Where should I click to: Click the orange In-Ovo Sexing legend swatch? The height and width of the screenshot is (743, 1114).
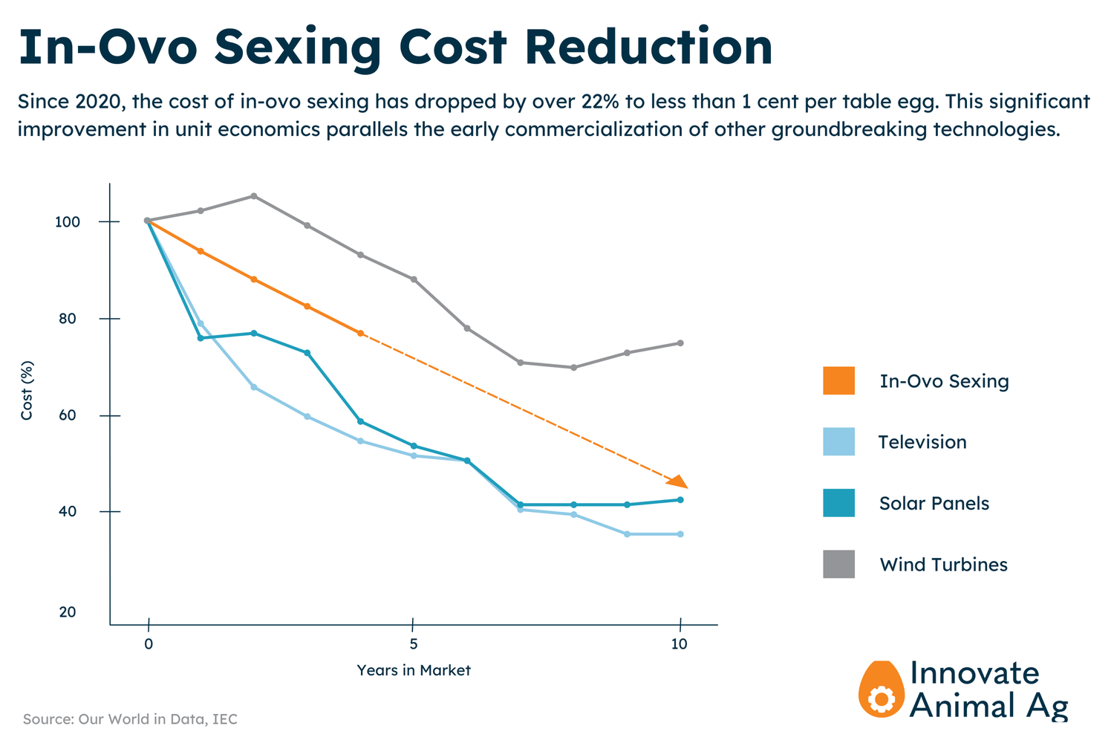[x=838, y=380]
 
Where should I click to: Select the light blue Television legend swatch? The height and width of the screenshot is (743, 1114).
[x=838, y=441]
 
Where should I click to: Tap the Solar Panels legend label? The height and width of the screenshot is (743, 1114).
[x=934, y=503]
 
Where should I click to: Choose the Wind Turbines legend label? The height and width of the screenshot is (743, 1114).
[x=943, y=565]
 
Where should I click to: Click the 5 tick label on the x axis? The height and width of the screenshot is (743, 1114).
[x=413, y=644]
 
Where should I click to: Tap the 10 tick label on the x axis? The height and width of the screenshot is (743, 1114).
[x=680, y=644]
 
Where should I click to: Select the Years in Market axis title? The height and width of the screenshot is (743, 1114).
[x=413, y=670]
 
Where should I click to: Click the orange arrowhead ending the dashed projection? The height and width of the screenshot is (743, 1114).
[x=678, y=481]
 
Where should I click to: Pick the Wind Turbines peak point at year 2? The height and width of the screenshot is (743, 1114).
[x=254, y=196]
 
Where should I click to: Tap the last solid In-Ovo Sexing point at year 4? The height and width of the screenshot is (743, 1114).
[x=360, y=334]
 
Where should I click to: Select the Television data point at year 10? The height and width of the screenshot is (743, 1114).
[x=680, y=534]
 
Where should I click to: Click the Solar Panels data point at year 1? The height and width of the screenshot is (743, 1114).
[x=201, y=338]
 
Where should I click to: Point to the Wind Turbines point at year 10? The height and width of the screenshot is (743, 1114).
[x=680, y=343]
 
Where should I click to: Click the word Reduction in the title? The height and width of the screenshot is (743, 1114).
[x=648, y=47]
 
